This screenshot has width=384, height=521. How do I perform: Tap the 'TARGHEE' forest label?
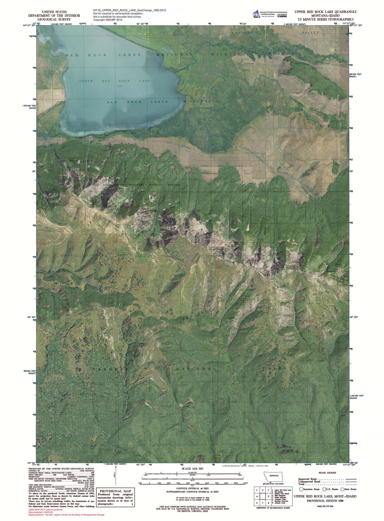pyautogui.click(x=111, y=369)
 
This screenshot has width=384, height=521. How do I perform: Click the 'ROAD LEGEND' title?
pyautogui.click(x=327, y=473)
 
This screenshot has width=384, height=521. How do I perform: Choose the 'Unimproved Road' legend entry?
pyautogui.click(x=309, y=482)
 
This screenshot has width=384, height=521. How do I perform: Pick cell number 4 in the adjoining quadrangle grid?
pyautogui.click(x=257, y=497)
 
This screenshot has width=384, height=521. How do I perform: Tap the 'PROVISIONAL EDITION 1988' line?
pyautogui.click(x=325, y=501)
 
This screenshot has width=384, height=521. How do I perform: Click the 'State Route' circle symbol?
pyautogui.click(x=342, y=489)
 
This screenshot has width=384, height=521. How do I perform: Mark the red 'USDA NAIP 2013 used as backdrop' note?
pyautogui.click(x=45, y=509)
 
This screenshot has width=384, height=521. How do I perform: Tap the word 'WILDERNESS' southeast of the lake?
pyautogui.click(x=201, y=101)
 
